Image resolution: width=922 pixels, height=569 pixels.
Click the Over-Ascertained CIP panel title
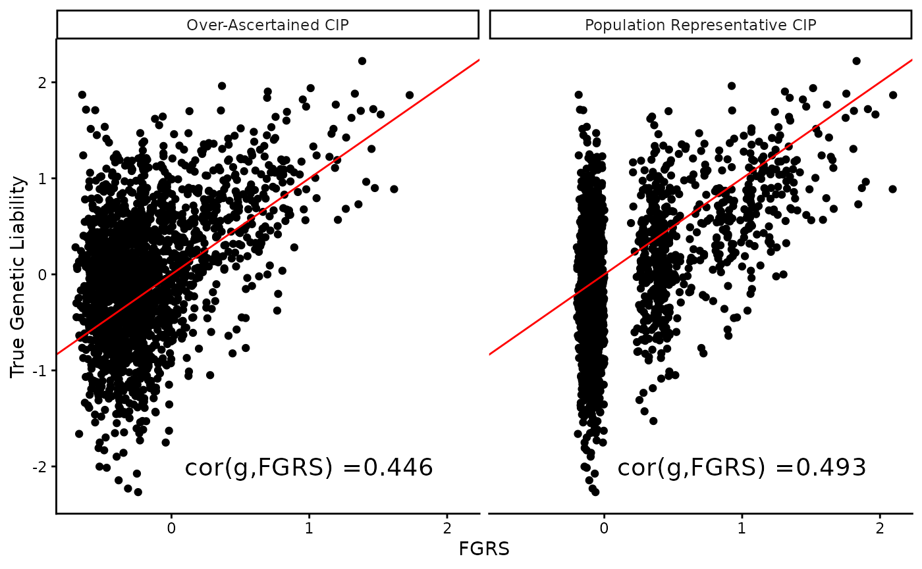(267, 25)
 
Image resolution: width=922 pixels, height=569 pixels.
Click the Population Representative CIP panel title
(701, 25)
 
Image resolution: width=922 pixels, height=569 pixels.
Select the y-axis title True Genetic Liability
(18, 276)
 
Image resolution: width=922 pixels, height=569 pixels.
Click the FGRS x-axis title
(484, 549)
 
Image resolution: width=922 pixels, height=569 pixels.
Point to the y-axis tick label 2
(43, 83)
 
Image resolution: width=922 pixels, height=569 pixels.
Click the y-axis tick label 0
(43, 275)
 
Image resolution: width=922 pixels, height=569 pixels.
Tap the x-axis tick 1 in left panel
(310, 528)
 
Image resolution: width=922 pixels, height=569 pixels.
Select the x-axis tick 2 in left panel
(447, 528)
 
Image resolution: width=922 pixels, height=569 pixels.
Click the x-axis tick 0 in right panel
(604, 528)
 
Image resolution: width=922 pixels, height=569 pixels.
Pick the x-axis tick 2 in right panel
(880, 528)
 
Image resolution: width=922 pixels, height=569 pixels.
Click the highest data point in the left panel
(362, 61)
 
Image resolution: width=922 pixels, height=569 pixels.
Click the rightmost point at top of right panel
(893, 95)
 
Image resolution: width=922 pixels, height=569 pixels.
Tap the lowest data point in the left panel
(138, 491)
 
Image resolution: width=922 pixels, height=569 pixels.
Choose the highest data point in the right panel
(856, 61)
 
